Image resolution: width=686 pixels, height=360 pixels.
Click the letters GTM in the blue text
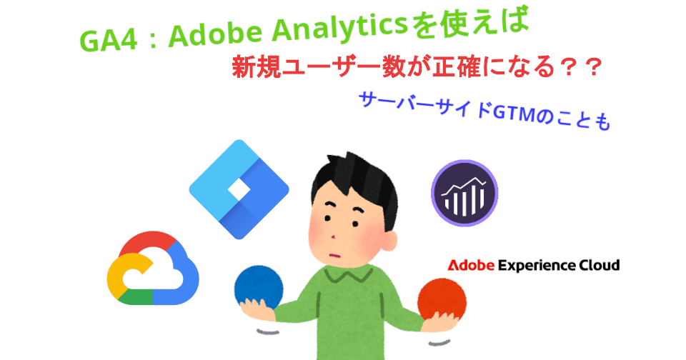[x=512, y=112]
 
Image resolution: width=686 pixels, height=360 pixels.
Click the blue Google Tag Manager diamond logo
[x=239, y=189]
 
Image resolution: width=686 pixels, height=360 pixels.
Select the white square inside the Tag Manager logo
[x=239, y=190]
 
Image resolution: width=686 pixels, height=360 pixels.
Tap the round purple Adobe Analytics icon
[x=464, y=193]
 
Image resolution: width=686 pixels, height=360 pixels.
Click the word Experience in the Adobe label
[x=536, y=266]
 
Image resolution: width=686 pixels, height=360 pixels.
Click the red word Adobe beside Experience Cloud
[x=471, y=266]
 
